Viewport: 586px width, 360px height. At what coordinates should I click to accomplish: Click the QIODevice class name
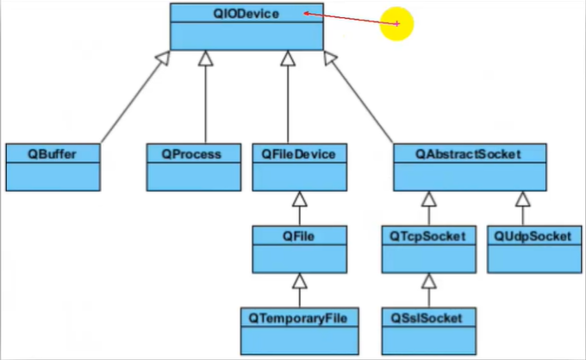click(x=246, y=14)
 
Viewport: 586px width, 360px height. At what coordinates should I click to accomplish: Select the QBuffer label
click(x=52, y=154)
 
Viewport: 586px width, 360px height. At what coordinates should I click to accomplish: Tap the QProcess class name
click(x=191, y=154)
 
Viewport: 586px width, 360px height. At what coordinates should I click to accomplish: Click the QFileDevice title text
click(x=298, y=154)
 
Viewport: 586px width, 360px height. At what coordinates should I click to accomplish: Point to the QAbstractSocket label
click(x=468, y=154)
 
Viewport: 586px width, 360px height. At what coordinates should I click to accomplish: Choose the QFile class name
click(x=298, y=236)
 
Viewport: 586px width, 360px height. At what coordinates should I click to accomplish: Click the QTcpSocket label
click(x=427, y=236)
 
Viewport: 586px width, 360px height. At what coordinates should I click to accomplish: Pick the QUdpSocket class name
click(x=533, y=236)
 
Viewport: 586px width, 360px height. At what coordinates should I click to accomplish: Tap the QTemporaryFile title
click(x=298, y=319)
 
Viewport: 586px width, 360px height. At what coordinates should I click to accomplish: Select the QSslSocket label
click(x=427, y=319)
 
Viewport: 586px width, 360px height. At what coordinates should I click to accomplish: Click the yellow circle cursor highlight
click(x=396, y=23)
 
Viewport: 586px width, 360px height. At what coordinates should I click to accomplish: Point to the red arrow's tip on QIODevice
click(x=304, y=14)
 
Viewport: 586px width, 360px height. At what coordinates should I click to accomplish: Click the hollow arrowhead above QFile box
click(x=299, y=199)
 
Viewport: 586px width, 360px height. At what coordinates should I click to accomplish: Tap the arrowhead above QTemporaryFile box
click(x=299, y=281)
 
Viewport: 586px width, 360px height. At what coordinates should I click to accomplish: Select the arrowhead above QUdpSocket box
click(x=523, y=199)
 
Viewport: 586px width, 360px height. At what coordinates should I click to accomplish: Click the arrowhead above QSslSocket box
click(x=429, y=281)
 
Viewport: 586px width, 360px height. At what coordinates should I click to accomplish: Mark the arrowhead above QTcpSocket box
click(x=429, y=199)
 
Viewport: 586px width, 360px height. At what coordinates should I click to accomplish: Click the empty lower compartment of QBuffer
click(x=53, y=177)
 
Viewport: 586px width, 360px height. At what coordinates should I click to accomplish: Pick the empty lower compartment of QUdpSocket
click(x=534, y=258)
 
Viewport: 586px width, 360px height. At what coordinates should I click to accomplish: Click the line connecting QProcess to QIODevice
click(x=206, y=97)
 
